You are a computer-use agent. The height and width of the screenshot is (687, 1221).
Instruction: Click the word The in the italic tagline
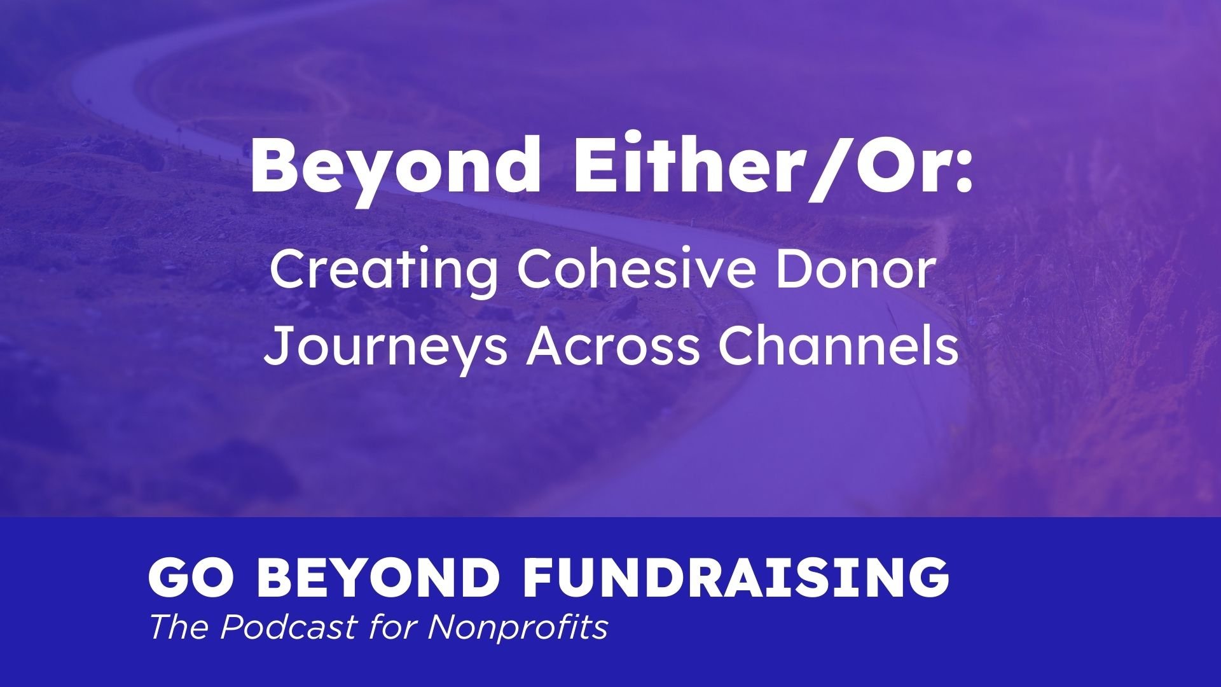(181, 628)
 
